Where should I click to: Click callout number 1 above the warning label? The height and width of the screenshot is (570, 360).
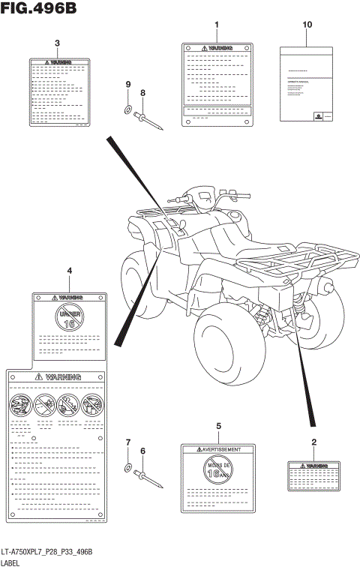click(217, 25)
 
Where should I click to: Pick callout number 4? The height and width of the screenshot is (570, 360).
click(69, 271)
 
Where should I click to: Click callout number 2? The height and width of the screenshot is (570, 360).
click(313, 442)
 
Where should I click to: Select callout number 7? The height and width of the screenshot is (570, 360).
click(127, 442)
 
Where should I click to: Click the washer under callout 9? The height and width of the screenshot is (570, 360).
click(127, 111)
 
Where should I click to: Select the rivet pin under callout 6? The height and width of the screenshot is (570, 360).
click(148, 478)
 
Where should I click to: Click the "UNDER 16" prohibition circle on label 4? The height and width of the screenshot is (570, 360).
click(68, 318)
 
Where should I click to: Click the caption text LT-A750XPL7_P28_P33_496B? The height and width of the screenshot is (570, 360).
click(46, 552)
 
